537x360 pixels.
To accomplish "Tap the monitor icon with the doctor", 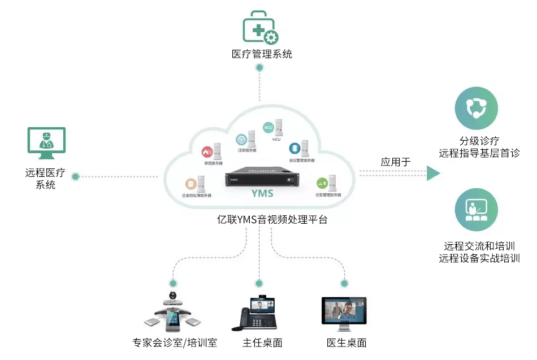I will coord(46,141).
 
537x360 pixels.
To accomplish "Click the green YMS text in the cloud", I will coord(262,193).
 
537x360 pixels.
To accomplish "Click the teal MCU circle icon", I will coord(268,128).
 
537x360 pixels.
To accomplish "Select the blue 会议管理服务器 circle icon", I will coord(294,148).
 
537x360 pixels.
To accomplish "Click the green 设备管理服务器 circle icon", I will coord(321,183).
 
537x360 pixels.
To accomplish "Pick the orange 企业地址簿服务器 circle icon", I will coord(190,184).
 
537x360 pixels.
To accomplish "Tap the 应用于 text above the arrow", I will coord(395,162).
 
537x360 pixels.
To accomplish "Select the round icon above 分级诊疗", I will coord(476,109).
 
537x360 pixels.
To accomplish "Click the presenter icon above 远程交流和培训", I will coord(476,210).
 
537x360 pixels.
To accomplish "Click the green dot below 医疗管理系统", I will coord(259,68).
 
